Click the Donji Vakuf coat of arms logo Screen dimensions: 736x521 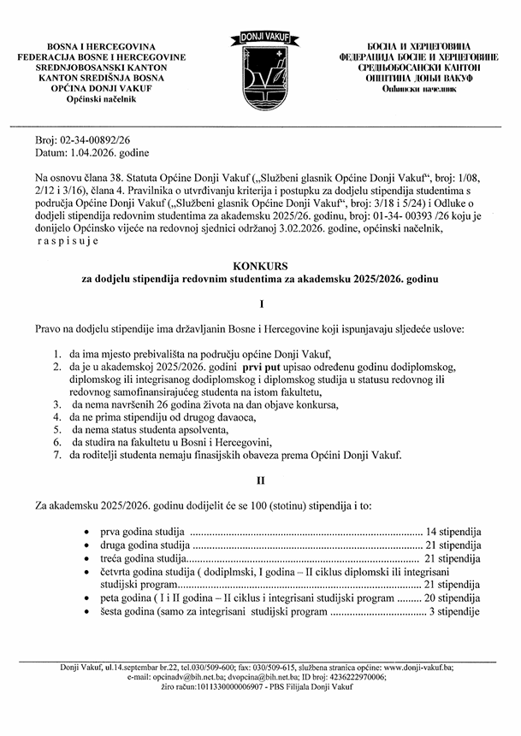point(260,67)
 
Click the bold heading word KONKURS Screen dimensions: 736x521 point(260,267)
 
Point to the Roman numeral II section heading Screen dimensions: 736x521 point(260,481)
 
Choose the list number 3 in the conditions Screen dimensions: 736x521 point(56,404)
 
